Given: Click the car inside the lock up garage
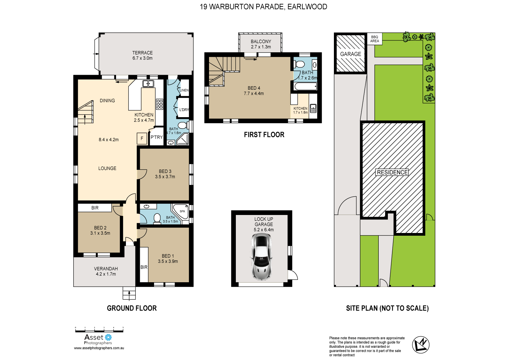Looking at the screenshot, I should pos(261,257).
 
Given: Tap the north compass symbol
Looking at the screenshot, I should pos(420,345).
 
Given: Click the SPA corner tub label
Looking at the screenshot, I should pos(182,211).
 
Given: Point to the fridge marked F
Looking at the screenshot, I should pos(142,138).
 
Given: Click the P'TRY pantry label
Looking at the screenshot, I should pos(156,137).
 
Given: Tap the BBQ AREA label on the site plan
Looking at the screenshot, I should pos(375,39).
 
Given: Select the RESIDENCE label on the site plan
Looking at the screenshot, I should pos(392,172).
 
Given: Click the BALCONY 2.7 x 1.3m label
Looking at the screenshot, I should pos(261,44).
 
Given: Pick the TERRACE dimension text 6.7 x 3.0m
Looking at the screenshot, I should pos(143,58).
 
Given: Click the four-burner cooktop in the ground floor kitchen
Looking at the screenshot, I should pos(159,104).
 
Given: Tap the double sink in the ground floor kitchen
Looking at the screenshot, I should pos(148,84).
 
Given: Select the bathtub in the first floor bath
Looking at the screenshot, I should pos(305,87).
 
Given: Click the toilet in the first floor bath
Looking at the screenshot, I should pos(299,64).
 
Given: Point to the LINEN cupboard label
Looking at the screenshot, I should pos(184,90).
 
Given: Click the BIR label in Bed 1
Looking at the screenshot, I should pos(144,267).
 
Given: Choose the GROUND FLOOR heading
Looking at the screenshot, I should pos(132,308).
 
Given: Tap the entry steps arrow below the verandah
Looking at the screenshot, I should pos(129,294).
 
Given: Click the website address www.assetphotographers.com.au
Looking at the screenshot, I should pos(99,348).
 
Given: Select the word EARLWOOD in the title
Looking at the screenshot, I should pos(307,7).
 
